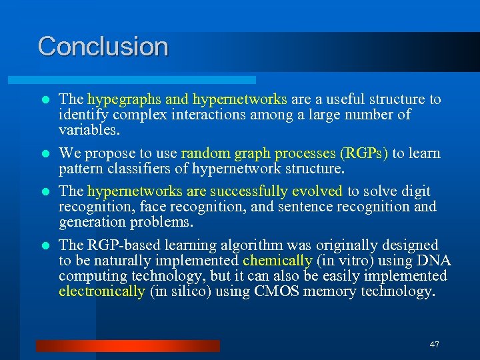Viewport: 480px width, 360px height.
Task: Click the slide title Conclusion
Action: (x=103, y=46)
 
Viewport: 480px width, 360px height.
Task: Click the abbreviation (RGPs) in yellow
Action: (x=364, y=153)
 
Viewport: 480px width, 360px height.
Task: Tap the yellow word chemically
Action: (x=277, y=261)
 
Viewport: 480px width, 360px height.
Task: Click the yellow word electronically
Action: (x=101, y=291)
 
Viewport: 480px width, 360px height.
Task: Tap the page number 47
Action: (x=435, y=345)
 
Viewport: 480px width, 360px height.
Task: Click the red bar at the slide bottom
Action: (x=127, y=345)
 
